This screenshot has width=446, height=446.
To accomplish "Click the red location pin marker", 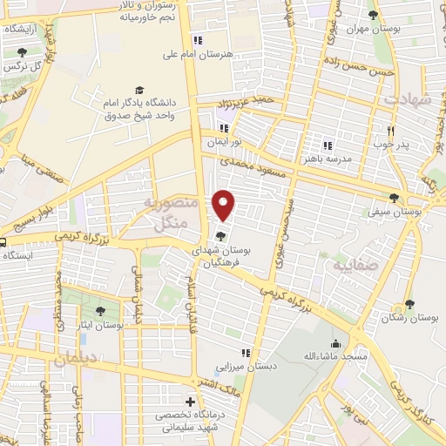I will (x=225, y=204).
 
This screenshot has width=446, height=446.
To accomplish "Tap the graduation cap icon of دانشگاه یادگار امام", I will (x=139, y=90).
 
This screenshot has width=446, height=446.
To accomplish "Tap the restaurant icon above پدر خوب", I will (x=391, y=131).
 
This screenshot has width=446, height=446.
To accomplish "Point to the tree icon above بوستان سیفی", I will (x=395, y=198).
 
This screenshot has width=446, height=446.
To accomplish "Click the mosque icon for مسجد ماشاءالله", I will (x=336, y=343).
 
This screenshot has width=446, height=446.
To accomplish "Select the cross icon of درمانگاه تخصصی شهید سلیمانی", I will (x=191, y=402).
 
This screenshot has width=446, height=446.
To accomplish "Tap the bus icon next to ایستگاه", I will (x=4, y=243).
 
